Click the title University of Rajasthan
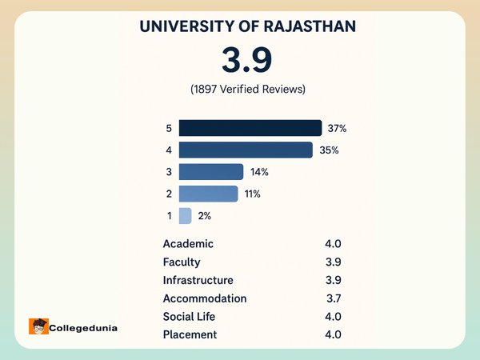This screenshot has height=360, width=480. coord(248,26)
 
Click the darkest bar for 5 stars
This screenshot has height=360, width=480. coord(250,128)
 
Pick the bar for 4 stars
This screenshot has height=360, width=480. coord(245,150)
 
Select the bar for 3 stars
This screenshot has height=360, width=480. coord(211,172)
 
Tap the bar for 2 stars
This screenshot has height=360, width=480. coord(208,194)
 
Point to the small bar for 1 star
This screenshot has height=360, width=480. coord(185,215)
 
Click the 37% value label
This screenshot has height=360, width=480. coord(336,128)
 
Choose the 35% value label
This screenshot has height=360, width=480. coord(330,150)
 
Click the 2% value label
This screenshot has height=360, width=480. coord(204,215)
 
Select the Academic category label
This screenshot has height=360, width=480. coord(188,244)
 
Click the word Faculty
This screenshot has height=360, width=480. coord(182,262)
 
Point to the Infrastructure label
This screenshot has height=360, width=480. coord(198,280)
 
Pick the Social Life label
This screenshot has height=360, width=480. coord(189,316)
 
